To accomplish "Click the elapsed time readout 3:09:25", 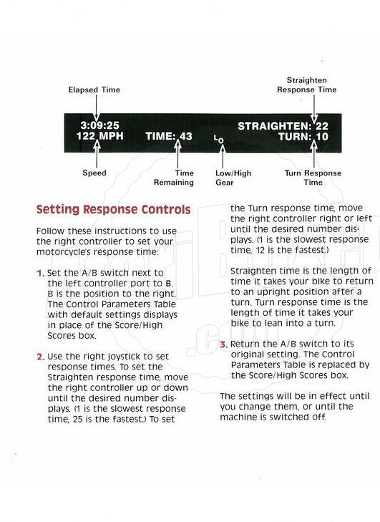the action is click(x=99, y=125).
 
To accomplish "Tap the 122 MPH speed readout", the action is click(x=99, y=136).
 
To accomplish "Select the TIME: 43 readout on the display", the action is click(x=169, y=136).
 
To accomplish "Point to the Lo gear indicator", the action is click(x=218, y=140).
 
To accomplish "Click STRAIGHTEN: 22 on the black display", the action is click(x=283, y=126).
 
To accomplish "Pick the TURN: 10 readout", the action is click(x=303, y=137).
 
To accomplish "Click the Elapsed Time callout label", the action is click(x=94, y=90).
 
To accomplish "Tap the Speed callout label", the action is click(x=94, y=173).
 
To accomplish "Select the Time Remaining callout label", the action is click(x=174, y=178).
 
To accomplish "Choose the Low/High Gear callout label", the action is click(x=233, y=178).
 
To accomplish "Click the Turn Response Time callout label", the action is click(x=313, y=178).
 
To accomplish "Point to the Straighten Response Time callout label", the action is click(x=307, y=85).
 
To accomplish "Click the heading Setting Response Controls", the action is click(x=114, y=209).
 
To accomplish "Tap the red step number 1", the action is click(x=40, y=274).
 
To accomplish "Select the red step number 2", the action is click(x=41, y=357).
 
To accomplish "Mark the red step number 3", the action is click(x=223, y=344).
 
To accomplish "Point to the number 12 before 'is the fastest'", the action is click(x=260, y=250).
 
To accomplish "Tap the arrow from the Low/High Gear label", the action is click(x=223, y=156).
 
